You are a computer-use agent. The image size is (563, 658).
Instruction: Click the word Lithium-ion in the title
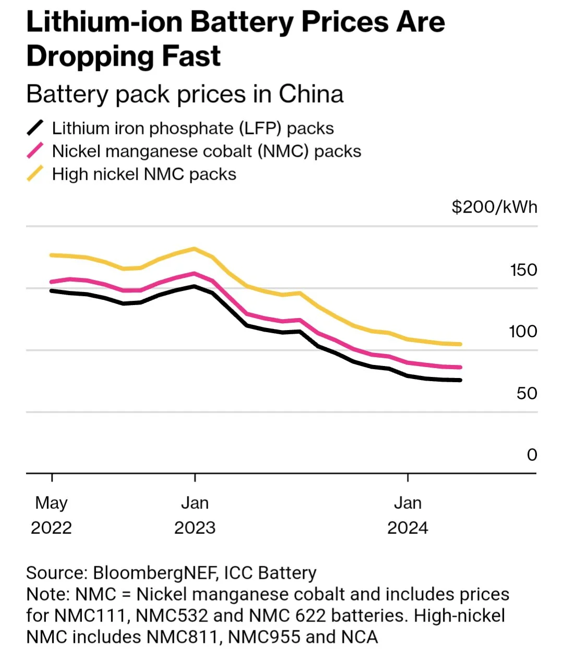pyautogui.click(x=104, y=22)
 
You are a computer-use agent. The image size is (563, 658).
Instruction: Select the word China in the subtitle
pyautogui.click(x=311, y=94)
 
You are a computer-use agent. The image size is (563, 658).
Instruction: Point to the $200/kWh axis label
pyautogui.click(x=494, y=207)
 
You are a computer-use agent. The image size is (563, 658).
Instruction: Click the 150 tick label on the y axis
pyautogui.click(x=523, y=270)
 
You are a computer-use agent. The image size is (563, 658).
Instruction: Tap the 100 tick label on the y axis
pyautogui.click(x=523, y=331)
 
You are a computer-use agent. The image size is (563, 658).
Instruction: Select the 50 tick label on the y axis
pyautogui.click(x=526, y=393)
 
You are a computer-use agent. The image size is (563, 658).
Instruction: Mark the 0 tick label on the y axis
pyautogui.click(x=532, y=455)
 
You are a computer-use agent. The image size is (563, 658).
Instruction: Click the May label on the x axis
pyautogui.click(x=51, y=503)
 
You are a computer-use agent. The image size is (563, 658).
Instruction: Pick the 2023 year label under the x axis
pyautogui.click(x=195, y=528)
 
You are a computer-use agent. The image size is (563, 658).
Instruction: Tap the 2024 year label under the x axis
pyautogui.click(x=408, y=528)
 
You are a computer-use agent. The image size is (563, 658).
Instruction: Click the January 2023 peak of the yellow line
pyautogui.click(x=195, y=249)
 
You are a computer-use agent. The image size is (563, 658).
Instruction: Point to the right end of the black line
pyautogui.click(x=460, y=380)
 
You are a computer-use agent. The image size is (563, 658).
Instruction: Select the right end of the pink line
pyautogui.click(x=460, y=367)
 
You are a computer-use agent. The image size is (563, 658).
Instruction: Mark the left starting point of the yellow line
pyautogui.click(x=51, y=255)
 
